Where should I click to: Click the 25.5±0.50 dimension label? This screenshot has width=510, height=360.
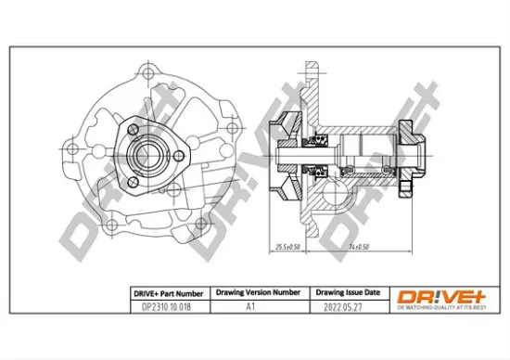point(287,248)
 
